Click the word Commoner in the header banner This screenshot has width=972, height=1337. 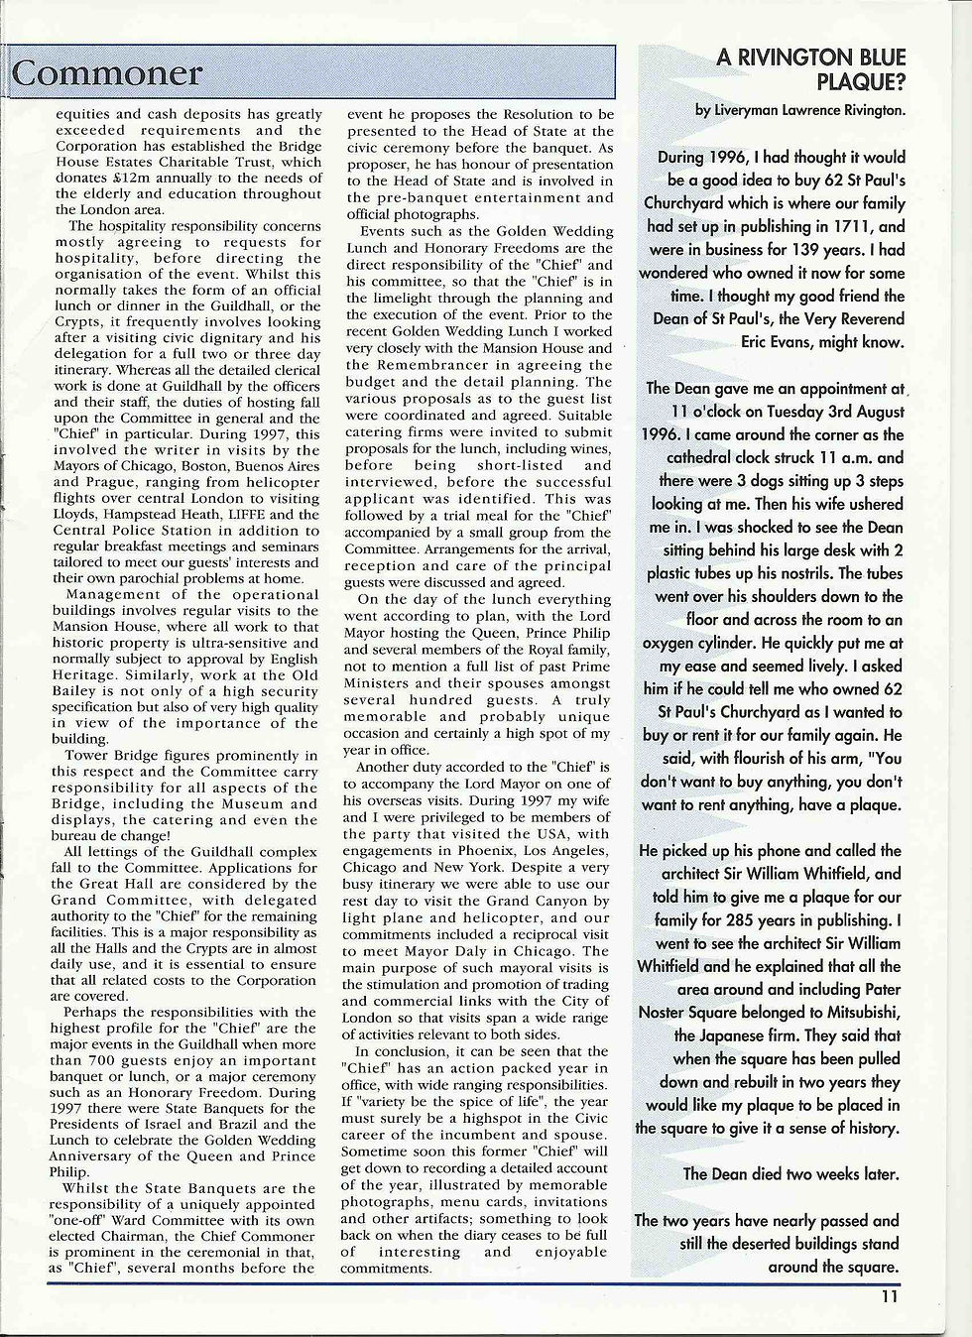(x=108, y=73)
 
